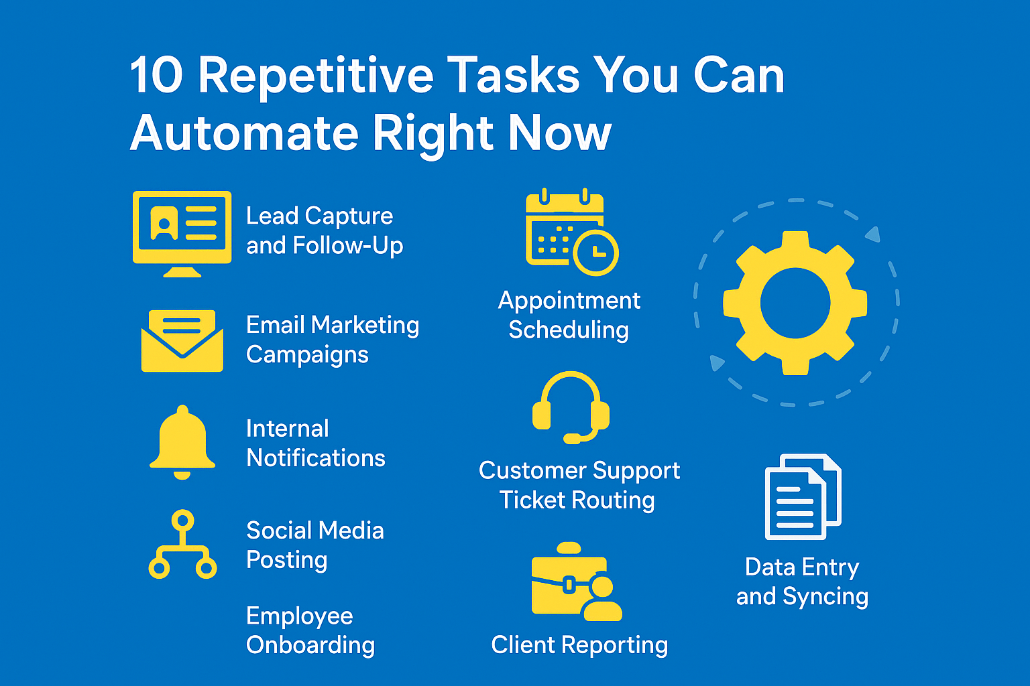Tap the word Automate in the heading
[245, 133]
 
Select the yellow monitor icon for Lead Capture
[182, 234]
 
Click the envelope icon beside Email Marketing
[182, 340]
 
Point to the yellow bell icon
[182, 442]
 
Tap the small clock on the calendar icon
[595, 253]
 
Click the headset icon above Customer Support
[571, 407]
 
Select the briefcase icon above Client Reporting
[577, 581]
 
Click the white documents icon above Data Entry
[803, 496]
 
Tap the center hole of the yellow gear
[795, 303]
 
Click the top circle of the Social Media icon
[182, 521]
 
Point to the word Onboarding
[310, 646]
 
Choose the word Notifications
[315, 458]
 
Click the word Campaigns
[307, 355]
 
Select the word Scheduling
[569, 330]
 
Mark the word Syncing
[825, 597]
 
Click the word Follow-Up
[347, 246]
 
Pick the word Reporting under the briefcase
[615, 646]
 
